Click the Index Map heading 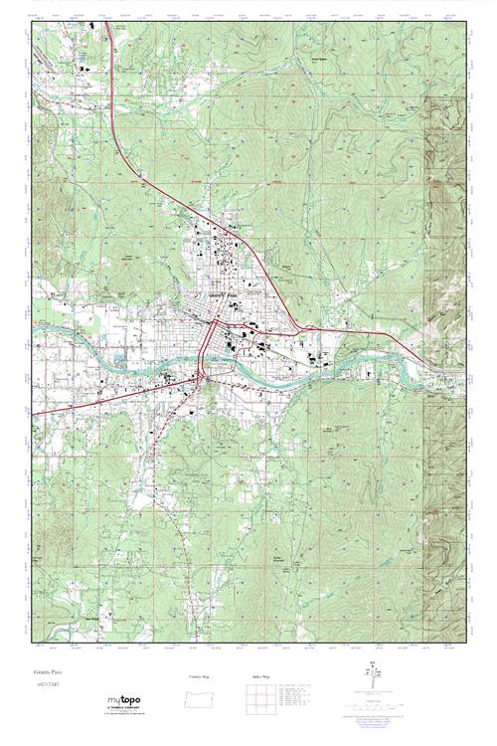260,676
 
